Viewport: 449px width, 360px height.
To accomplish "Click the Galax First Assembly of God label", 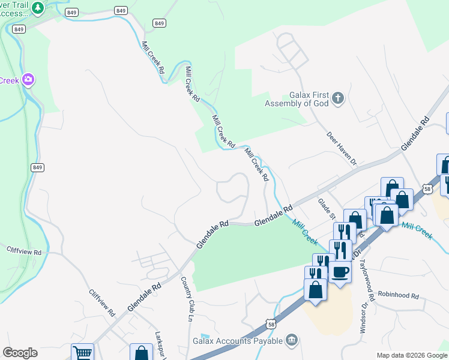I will tap(300, 98).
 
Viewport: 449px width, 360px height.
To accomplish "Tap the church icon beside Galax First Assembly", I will tap(337, 98).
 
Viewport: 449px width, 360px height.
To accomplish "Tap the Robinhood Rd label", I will tap(397, 295).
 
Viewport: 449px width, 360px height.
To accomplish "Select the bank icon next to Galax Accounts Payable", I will tap(292, 340).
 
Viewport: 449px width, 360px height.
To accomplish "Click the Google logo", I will tap(20, 353).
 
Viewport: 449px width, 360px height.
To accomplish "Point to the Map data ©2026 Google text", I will tap(411, 355).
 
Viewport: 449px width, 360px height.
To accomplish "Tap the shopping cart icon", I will tap(82, 353).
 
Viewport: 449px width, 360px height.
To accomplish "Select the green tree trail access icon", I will tap(38, 8).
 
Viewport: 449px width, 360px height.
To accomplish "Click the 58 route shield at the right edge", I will tap(427, 188).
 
